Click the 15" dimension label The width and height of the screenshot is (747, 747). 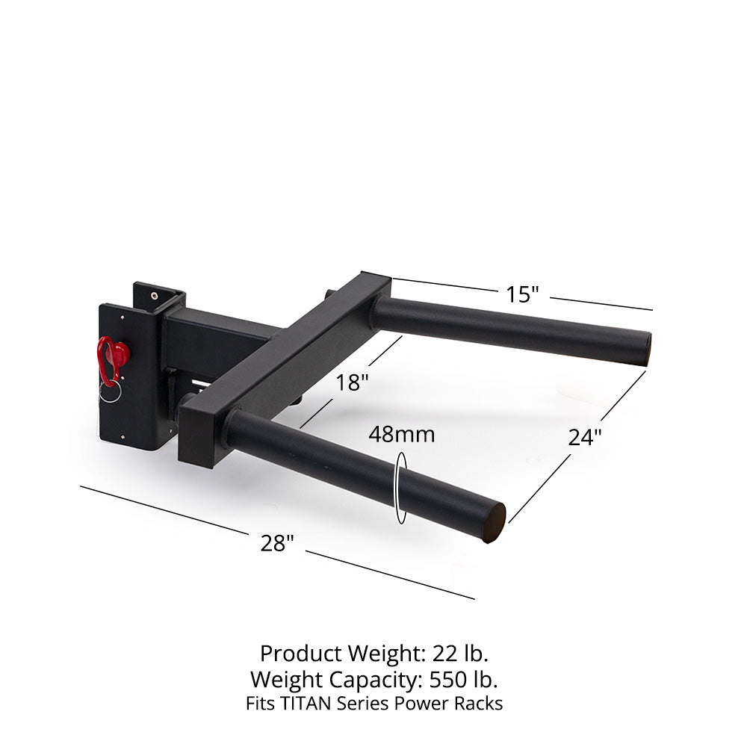pos(522,294)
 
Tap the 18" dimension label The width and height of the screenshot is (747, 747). pos(351,383)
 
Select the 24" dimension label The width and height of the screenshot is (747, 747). pos(585,437)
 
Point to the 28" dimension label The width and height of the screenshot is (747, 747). pos(277,543)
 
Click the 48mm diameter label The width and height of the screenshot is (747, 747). pos(402,435)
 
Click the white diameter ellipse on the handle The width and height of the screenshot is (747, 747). pos(402,489)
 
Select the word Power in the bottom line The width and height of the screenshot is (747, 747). pos(425,704)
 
